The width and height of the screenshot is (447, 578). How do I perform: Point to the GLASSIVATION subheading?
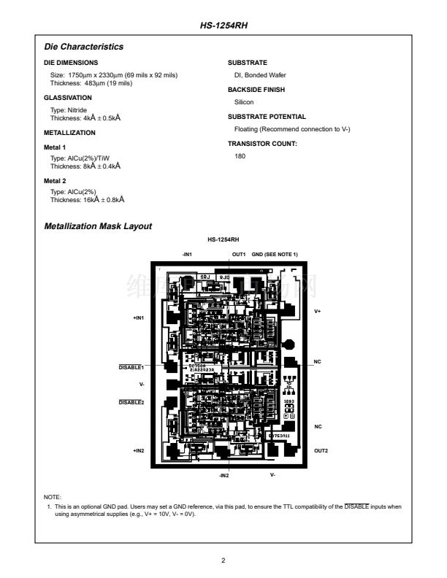point(68,97)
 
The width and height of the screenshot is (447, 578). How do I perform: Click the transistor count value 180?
point(240,155)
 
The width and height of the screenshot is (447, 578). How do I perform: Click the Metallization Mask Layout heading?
point(98,226)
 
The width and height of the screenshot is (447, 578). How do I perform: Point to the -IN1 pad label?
point(186,254)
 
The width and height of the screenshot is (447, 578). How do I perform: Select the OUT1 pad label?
point(239,254)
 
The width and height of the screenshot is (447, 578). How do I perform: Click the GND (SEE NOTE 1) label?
point(275,254)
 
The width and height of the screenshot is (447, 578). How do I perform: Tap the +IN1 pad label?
point(138,318)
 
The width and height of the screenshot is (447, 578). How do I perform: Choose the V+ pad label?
point(318,311)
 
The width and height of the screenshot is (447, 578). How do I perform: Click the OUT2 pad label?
point(321,450)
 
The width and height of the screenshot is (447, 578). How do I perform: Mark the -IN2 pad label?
point(223,475)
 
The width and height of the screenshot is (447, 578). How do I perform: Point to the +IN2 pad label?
point(138,450)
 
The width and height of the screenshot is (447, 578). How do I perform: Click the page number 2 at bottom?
point(223,560)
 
